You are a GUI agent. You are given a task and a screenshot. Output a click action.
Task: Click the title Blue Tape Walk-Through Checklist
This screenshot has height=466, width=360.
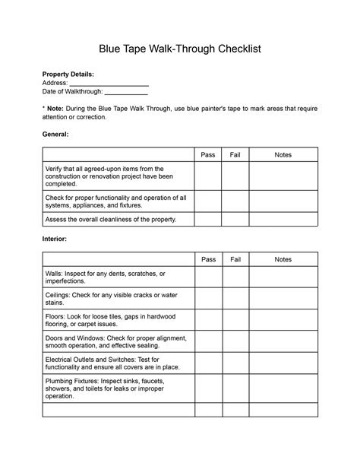(180, 48)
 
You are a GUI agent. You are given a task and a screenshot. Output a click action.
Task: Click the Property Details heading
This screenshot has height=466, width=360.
(68, 74)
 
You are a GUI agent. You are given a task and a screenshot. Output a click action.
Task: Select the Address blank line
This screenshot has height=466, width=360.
(109, 83)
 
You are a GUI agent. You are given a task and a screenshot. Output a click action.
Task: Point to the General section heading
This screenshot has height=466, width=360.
(55, 133)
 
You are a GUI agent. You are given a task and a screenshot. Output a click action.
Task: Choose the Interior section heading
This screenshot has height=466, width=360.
(55, 239)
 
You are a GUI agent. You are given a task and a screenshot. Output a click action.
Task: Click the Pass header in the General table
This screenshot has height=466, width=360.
(208, 155)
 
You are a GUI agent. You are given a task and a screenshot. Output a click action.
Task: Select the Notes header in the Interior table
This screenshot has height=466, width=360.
(283, 259)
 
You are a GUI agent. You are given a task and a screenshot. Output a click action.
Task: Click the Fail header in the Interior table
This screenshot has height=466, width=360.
(235, 259)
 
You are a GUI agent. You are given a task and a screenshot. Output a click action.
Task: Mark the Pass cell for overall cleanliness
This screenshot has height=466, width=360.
(208, 219)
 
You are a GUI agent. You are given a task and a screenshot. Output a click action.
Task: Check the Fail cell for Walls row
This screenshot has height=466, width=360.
(235, 277)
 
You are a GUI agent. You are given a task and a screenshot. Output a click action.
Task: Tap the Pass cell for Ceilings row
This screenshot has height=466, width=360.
(208, 298)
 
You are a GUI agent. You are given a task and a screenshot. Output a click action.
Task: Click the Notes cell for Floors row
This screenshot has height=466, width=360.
(283, 319)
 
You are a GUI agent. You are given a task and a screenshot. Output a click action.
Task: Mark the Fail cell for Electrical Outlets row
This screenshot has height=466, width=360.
(235, 362)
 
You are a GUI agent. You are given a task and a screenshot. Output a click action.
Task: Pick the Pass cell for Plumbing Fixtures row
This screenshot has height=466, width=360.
(208, 388)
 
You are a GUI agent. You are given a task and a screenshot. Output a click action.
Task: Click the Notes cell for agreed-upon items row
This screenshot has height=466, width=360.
(283, 176)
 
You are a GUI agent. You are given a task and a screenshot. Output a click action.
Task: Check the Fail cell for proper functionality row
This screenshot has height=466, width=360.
(235, 201)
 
